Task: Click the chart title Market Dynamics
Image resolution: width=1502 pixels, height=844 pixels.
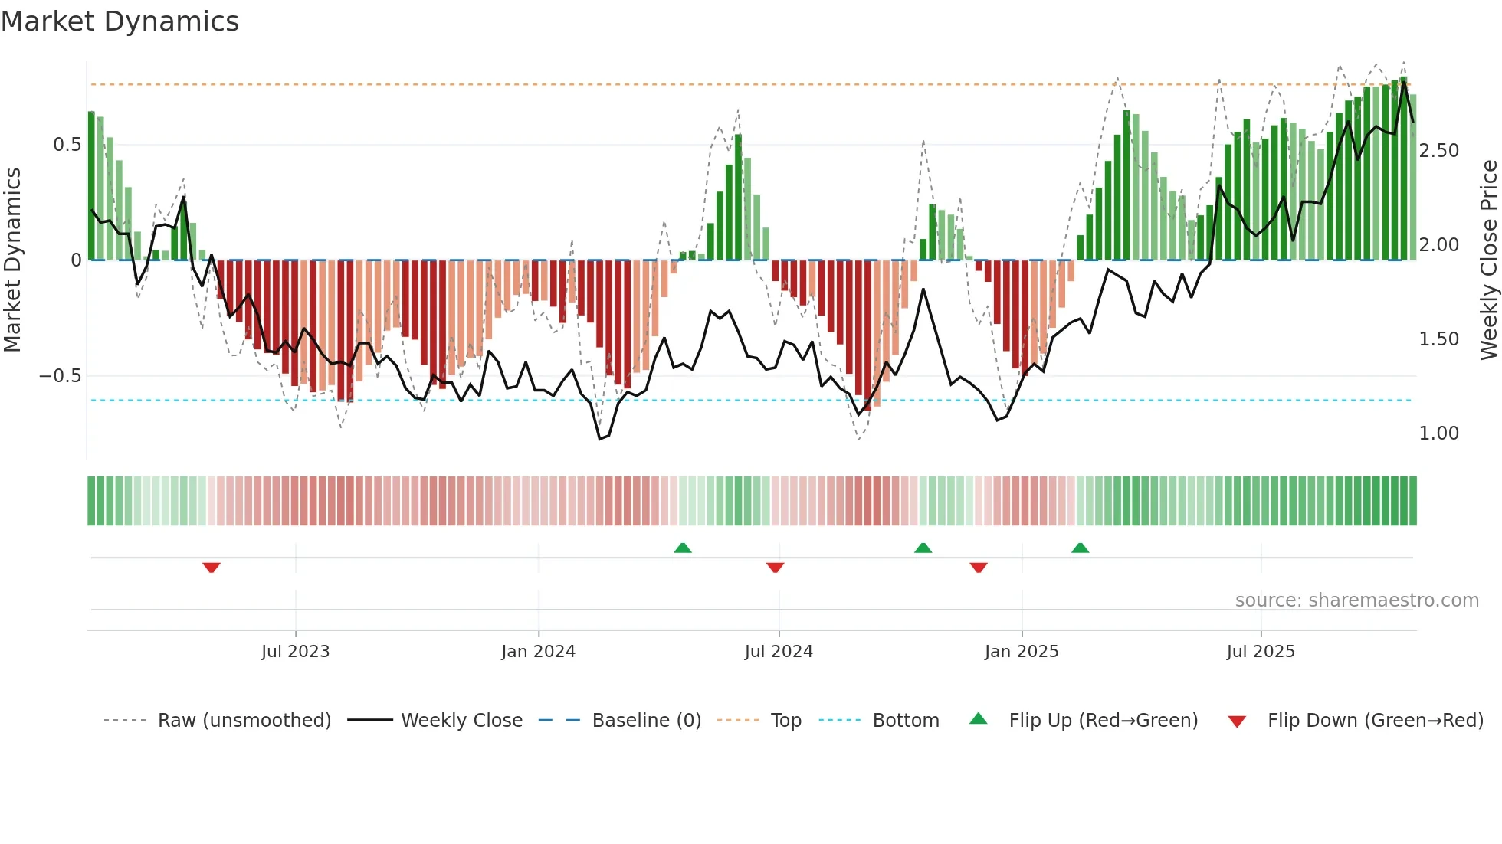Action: pyautogui.click(x=120, y=21)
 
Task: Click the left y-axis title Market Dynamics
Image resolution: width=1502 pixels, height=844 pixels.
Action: pyautogui.click(x=12, y=260)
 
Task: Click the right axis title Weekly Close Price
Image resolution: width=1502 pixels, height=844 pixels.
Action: pyautogui.click(x=1488, y=260)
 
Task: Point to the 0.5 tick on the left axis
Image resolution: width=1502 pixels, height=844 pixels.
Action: pyautogui.click(x=67, y=145)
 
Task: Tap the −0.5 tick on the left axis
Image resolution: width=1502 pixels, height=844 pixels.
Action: pyautogui.click(x=61, y=376)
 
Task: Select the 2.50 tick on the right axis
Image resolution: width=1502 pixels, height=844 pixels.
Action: pyautogui.click(x=1438, y=151)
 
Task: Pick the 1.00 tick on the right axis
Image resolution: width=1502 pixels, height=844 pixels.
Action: pyautogui.click(x=1438, y=433)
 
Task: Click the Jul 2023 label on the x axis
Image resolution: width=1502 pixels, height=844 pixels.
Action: pyautogui.click(x=295, y=652)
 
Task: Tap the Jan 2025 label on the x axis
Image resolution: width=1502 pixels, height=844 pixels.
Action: pyautogui.click(x=1021, y=652)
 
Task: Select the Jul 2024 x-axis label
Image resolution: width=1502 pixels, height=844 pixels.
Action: pyautogui.click(x=778, y=652)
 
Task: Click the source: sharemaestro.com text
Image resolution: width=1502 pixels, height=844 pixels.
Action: pyautogui.click(x=1356, y=600)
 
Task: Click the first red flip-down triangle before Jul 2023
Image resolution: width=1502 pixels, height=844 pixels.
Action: pyautogui.click(x=212, y=568)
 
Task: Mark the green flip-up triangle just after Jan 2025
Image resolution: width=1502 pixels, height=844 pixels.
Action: pyautogui.click(x=1080, y=548)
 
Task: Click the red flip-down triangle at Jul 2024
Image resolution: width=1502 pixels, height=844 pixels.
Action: pyautogui.click(x=775, y=568)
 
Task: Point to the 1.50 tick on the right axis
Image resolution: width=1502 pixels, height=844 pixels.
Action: pyautogui.click(x=1438, y=339)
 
